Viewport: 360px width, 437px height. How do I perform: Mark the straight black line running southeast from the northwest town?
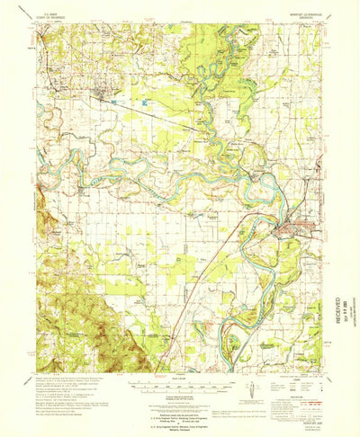click(x=144, y=112)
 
